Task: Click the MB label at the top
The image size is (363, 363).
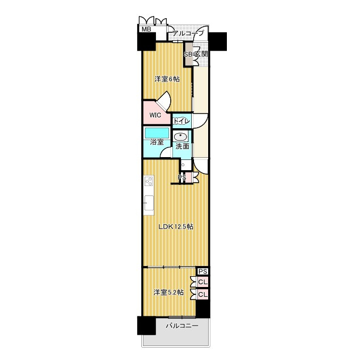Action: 146,29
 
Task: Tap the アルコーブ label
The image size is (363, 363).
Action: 188,33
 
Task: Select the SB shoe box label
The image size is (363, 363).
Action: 188,54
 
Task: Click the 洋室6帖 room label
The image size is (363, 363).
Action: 167,79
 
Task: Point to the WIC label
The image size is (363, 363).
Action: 155,115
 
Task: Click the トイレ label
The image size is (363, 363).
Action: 181,121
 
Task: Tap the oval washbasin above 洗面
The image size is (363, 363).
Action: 180,137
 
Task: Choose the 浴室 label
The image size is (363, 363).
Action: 157,142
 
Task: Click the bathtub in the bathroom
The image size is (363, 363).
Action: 157,133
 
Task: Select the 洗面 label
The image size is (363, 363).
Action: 182,146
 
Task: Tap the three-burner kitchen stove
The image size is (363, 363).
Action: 149,181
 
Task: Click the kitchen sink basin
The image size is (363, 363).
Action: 149,202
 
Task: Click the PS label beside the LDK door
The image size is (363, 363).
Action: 181,178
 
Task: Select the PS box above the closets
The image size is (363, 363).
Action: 203,271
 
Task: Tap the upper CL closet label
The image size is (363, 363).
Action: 203,282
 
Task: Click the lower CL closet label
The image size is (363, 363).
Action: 203,294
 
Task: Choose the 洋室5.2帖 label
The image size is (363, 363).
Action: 169,293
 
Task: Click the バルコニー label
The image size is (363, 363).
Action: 182,326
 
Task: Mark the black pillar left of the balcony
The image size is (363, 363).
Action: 146,326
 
